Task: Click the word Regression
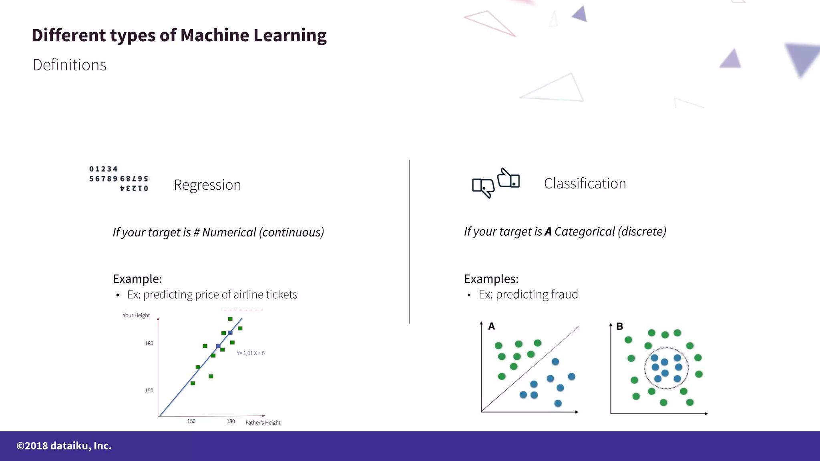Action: pos(207,185)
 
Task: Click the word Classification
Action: pos(585,184)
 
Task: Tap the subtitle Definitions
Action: pos(69,65)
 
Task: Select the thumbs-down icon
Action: pos(483,187)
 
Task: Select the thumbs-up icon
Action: pos(508,178)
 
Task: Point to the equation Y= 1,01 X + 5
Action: pos(251,353)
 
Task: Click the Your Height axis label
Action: pos(136,315)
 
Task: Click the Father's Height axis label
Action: pos(263,423)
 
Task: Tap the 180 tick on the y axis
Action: pos(149,343)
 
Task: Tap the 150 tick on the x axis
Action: pos(191,421)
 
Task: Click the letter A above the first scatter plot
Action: pos(492,327)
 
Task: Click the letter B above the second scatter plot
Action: pos(619,327)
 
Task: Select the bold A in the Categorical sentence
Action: pos(548,232)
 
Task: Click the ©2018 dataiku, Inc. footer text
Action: pos(64,446)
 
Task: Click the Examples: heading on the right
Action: pos(491,279)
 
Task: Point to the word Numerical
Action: pos(229,232)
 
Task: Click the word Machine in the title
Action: pos(215,35)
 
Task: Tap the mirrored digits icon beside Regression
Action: pos(119,178)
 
